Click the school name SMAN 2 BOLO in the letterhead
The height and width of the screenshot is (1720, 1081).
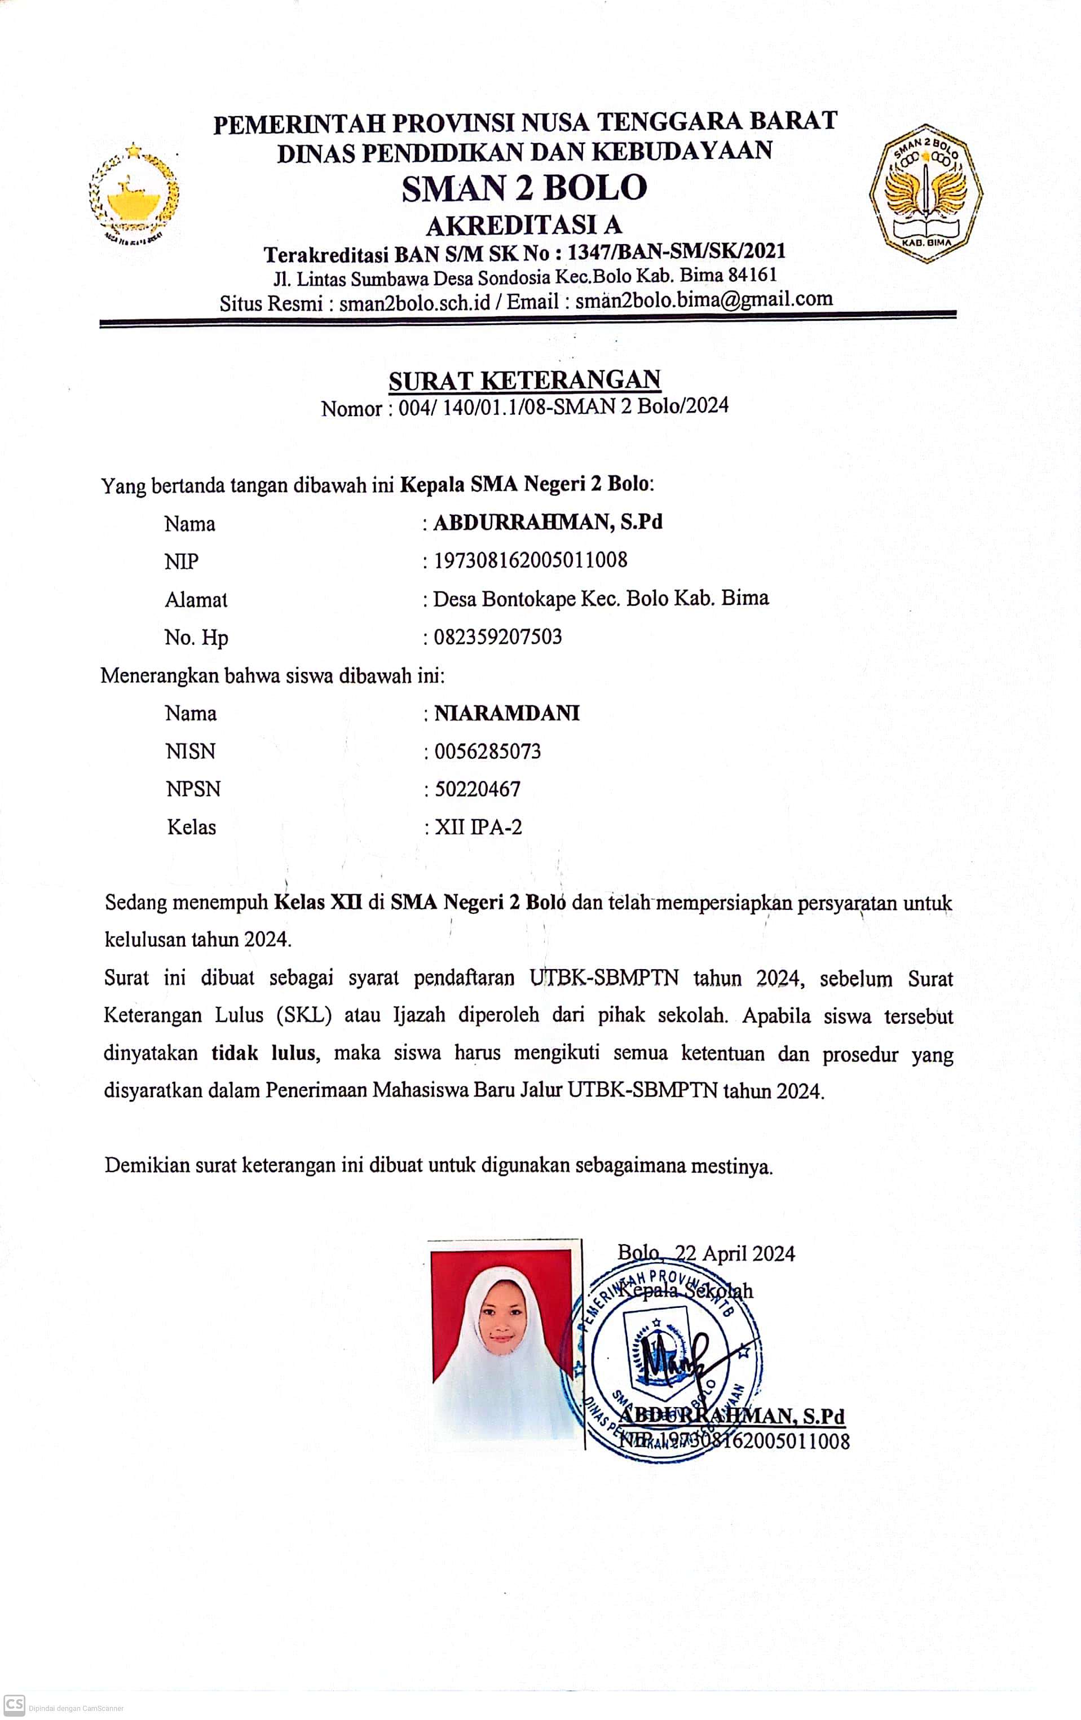(524, 188)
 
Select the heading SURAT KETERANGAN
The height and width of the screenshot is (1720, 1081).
(524, 380)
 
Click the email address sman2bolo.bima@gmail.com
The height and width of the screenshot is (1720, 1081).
(704, 299)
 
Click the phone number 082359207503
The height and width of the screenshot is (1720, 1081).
(497, 636)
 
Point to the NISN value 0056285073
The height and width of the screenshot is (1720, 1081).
(487, 751)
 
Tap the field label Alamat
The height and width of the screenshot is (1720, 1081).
(196, 599)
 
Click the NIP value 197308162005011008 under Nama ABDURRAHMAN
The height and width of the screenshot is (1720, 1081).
(530, 559)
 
